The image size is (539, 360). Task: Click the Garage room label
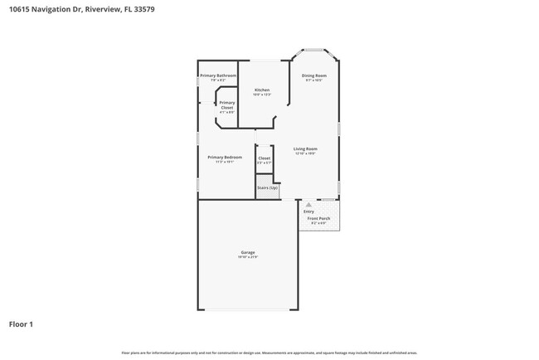(x=248, y=252)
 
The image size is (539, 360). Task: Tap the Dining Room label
(x=313, y=75)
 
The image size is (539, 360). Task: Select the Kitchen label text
(x=262, y=90)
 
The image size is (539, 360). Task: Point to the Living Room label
(x=305, y=148)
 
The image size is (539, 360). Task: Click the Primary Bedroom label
(x=225, y=157)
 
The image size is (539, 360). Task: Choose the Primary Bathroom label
(x=213, y=75)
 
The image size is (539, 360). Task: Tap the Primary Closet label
(x=226, y=105)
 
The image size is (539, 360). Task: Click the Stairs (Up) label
(x=266, y=188)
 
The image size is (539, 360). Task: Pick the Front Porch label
(x=318, y=218)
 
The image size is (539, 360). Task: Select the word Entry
(x=308, y=212)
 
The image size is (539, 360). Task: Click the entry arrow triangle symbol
(x=308, y=203)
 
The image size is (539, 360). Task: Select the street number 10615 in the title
(x=20, y=9)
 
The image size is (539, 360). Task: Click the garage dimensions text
(x=248, y=257)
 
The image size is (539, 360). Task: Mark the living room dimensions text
(x=305, y=153)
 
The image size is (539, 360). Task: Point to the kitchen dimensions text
(x=262, y=95)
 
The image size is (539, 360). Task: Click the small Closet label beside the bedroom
(x=264, y=158)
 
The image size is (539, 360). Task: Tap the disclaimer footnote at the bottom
(x=269, y=353)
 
